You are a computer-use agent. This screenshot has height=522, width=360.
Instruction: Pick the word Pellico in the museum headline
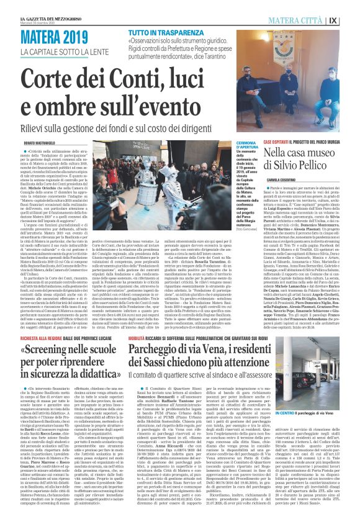[318, 168]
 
